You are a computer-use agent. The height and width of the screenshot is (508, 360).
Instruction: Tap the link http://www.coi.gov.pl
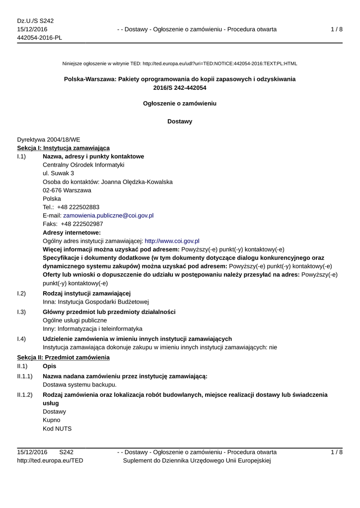click(x=172, y=241)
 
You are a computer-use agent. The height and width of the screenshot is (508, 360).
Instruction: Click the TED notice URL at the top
click(x=219, y=64)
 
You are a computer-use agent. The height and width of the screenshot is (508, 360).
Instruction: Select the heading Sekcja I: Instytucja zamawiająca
click(x=64, y=148)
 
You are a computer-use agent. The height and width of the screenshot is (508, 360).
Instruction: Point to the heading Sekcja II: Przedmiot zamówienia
click(x=64, y=358)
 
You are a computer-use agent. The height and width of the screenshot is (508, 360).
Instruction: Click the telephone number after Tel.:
click(x=78, y=207)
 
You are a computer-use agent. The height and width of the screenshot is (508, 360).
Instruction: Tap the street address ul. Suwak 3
click(x=59, y=174)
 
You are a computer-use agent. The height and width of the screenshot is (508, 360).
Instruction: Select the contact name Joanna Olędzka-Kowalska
click(x=137, y=182)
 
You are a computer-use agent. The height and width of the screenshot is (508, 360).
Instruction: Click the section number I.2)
click(x=21, y=293)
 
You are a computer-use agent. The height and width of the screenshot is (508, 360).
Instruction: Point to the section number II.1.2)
click(x=25, y=395)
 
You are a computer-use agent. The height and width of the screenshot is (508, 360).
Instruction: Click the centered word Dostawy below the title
click(x=180, y=122)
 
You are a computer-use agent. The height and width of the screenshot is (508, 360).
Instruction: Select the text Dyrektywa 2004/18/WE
click(x=49, y=140)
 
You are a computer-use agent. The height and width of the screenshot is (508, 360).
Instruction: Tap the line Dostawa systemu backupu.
click(x=80, y=384)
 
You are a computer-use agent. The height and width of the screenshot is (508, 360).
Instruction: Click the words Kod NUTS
click(x=57, y=429)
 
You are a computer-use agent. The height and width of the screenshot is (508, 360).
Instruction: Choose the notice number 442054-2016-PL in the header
click(x=40, y=38)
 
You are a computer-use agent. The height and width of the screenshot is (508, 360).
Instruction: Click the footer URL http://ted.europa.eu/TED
click(x=50, y=461)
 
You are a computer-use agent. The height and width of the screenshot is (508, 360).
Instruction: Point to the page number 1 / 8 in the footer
click(x=337, y=452)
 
